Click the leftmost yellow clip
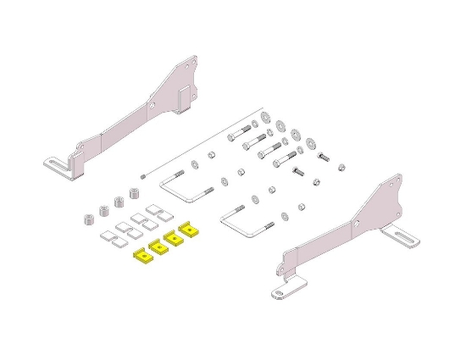click(x=141, y=254)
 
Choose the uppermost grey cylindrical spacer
click(x=133, y=193)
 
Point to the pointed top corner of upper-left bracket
click(x=192, y=59)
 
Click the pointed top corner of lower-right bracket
click(x=392, y=180)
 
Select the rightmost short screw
click(x=324, y=157)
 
